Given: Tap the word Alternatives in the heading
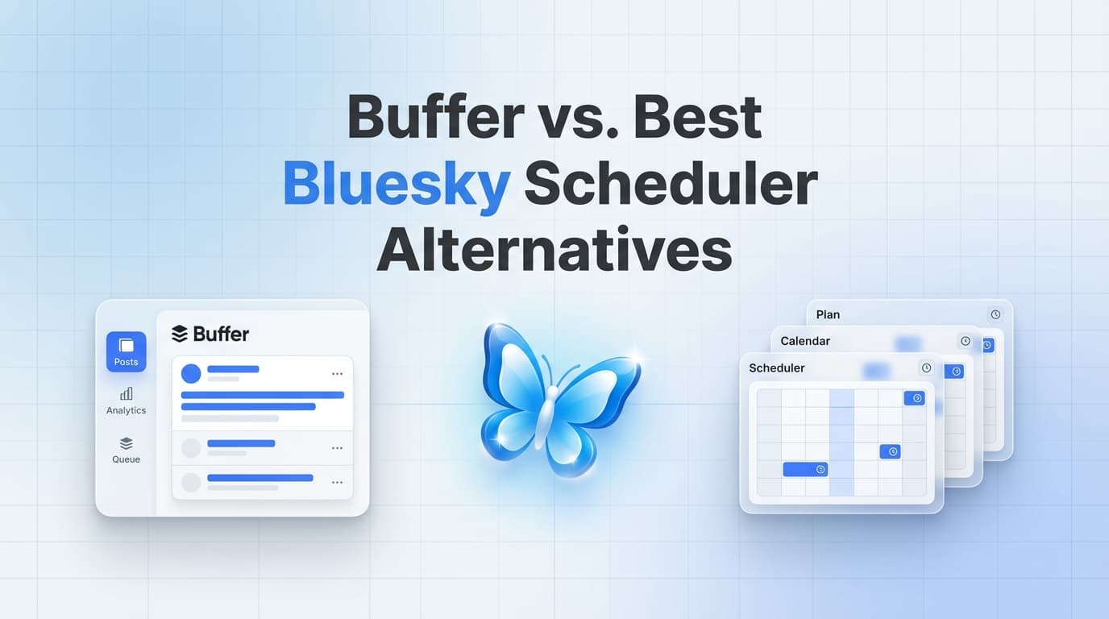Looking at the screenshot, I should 554,251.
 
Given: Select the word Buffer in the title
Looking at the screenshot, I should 435,118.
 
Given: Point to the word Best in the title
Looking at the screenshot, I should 697,118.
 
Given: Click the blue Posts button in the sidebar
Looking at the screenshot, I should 126,351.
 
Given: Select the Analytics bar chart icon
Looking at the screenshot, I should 126,393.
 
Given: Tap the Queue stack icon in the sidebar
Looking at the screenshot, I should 126,443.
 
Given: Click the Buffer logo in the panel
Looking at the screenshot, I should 210,333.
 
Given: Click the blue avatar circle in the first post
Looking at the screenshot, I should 191,373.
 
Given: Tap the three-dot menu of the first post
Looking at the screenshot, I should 337,374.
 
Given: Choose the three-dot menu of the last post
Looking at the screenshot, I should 337,482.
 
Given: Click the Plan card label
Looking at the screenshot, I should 828,314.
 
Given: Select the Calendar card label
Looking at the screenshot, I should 805,341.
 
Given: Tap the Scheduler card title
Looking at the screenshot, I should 776,368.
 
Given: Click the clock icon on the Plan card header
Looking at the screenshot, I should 995,314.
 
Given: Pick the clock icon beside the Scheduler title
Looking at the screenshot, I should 926,368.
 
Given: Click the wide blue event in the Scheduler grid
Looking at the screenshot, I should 805,469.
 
